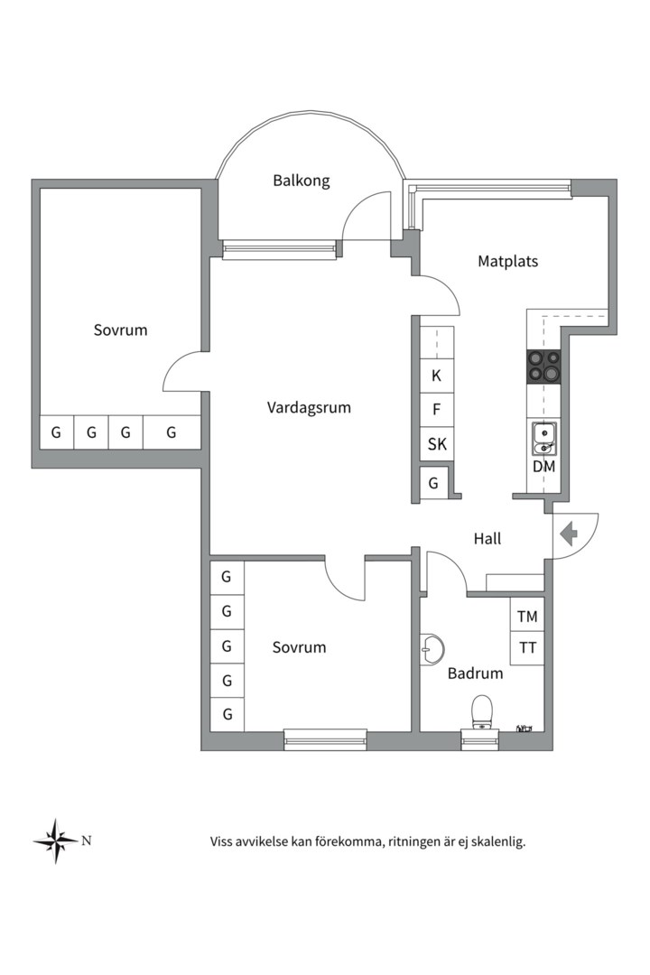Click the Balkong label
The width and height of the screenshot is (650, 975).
pos(302,181)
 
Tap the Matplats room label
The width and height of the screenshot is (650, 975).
pos(507,262)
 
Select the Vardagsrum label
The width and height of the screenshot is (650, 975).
pos(309,407)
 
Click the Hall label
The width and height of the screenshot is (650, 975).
pos(487,539)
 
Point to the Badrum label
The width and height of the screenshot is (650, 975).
pos(475,673)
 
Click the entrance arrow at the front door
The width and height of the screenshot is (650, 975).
pos(569,534)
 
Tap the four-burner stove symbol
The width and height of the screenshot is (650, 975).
pos(543,366)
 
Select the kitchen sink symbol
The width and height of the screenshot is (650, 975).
pos(543,439)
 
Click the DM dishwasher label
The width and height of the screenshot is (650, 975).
pos(543,467)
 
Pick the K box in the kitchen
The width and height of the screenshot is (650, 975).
pos(437,376)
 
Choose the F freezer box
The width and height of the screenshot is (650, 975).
pos(437,410)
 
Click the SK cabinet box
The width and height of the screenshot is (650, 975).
pos(437,444)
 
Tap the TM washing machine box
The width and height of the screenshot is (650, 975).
pos(527,617)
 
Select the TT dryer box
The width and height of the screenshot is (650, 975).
pos(527,648)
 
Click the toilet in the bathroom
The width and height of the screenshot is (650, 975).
pos(482,710)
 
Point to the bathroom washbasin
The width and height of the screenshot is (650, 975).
pos(431,646)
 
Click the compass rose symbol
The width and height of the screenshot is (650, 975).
pos(55,841)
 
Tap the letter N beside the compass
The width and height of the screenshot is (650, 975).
pos(87,840)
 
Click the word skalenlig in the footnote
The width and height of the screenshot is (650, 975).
pos(497,841)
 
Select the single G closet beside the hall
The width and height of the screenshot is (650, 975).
pos(433,483)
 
